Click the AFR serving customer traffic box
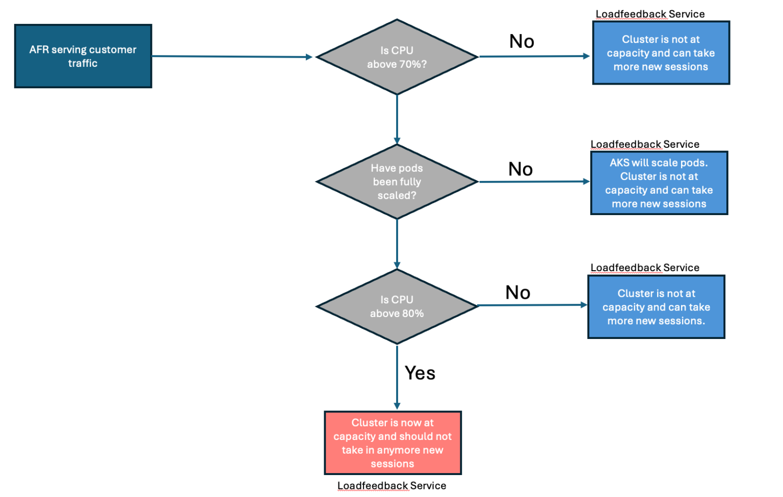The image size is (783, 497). (x=83, y=56)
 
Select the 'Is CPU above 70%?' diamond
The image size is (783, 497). (x=397, y=57)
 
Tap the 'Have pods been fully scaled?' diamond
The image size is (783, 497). (x=397, y=181)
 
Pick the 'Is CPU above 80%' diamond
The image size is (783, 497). (x=397, y=306)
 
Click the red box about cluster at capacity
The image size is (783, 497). (x=393, y=443)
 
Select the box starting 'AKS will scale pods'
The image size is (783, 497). (x=659, y=183)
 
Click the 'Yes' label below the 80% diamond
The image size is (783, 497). (x=420, y=373)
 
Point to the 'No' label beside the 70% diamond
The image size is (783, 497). (x=521, y=41)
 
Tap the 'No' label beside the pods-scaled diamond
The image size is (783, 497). (x=520, y=169)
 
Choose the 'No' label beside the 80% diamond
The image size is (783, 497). (x=518, y=293)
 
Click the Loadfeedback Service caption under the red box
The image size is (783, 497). (x=391, y=486)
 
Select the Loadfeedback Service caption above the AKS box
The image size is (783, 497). (x=645, y=144)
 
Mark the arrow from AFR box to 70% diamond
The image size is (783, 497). (x=232, y=57)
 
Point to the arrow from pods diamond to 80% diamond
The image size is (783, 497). (x=397, y=244)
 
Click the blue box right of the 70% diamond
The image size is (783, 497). (x=661, y=53)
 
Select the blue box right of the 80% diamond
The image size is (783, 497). (x=656, y=307)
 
